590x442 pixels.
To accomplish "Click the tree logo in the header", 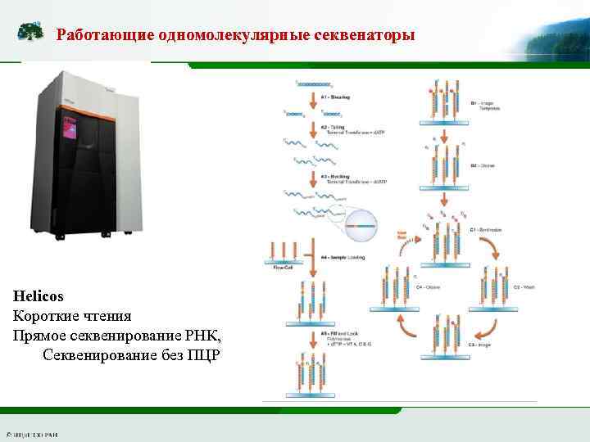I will click(31, 33).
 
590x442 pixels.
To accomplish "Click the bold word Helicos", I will click(38, 295).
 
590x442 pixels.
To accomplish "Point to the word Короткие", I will click(48, 315).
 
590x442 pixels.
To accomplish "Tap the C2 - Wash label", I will click(522, 287).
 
